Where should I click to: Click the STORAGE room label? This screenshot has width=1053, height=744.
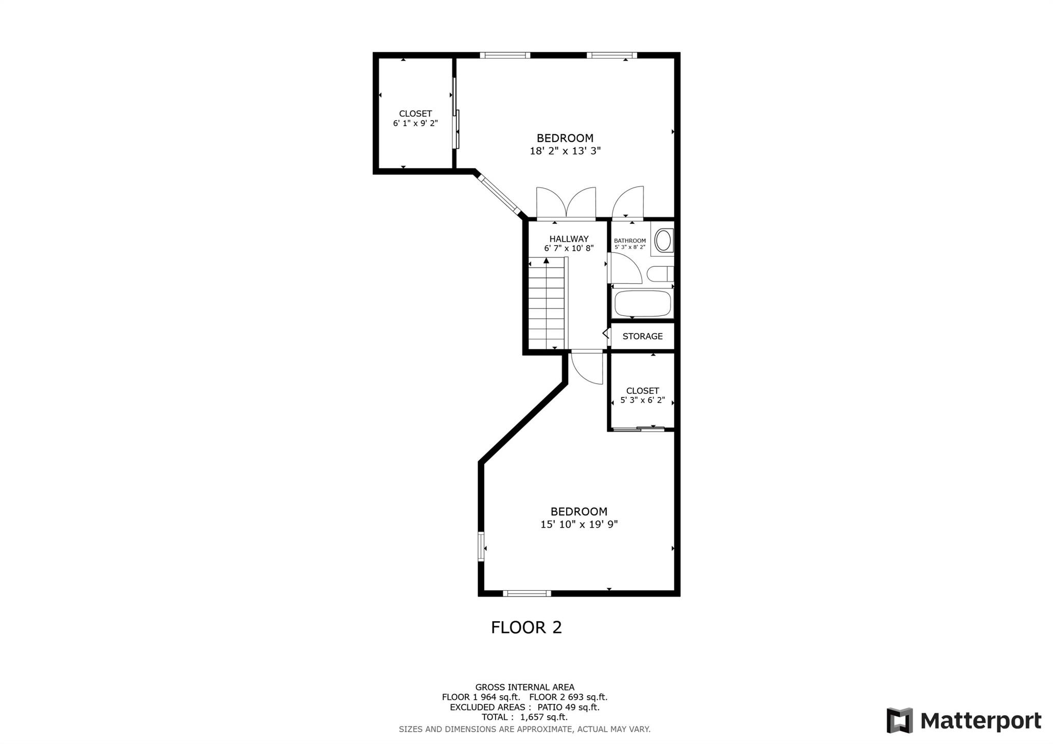(x=642, y=336)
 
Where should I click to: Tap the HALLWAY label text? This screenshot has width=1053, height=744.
(x=569, y=239)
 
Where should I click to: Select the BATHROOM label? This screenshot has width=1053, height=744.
(x=630, y=241)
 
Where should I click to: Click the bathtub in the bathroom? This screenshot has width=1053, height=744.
(x=643, y=303)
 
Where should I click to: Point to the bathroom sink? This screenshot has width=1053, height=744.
(x=663, y=241)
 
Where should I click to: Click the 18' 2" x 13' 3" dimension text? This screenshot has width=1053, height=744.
(x=565, y=151)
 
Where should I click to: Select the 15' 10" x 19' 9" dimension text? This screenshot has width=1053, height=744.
(x=579, y=524)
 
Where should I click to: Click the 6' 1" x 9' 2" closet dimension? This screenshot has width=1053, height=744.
(x=415, y=123)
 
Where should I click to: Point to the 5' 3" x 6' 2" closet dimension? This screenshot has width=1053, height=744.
(x=643, y=400)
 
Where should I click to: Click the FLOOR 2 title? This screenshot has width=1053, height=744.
(x=526, y=627)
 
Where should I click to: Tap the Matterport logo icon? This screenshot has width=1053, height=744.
(x=899, y=720)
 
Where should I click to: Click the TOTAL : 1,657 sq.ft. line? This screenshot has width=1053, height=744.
(x=524, y=717)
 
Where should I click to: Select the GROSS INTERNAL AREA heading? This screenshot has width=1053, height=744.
(x=524, y=687)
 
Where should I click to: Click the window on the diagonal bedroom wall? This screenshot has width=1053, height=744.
(x=498, y=194)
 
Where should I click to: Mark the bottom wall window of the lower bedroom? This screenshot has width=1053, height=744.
(x=526, y=593)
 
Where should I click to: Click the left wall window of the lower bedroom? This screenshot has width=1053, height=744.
(x=481, y=547)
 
